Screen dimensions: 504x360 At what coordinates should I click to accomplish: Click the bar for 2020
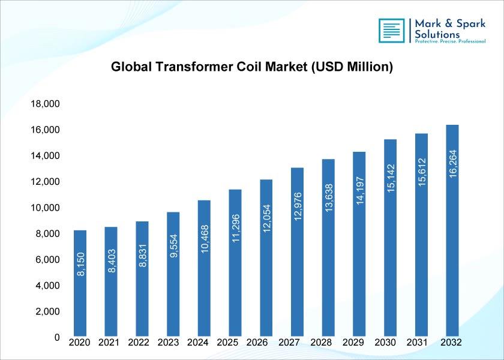(x=80, y=283)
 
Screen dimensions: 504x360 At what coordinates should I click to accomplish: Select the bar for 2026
(x=266, y=258)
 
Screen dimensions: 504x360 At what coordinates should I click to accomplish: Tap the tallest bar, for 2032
(x=452, y=230)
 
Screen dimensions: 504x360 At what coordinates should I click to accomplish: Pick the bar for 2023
(x=173, y=274)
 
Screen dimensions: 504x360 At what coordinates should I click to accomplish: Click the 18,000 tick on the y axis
(x=45, y=104)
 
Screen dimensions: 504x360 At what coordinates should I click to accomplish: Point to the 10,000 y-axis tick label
(x=45, y=208)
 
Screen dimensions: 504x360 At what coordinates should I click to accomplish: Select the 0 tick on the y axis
(x=57, y=337)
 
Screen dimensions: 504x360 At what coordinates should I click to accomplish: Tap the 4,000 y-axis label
(x=47, y=286)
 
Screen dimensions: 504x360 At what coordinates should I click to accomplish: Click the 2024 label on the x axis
(x=197, y=343)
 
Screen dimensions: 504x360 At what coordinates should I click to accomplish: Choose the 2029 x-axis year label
(x=353, y=343)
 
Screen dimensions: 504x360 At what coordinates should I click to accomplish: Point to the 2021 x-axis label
(x=109, y=343)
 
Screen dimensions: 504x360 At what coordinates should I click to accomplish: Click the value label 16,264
(x=452, y=164)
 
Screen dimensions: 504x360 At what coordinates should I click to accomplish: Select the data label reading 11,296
(x=236, y=228)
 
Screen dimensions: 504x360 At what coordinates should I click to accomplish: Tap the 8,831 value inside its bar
(x=143, y=256)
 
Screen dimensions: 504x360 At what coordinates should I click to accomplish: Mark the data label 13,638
(x=329, y=198)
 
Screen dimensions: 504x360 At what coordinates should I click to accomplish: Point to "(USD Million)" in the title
(x=352, y=67)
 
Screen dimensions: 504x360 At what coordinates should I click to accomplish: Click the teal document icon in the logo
(x=391, y=31)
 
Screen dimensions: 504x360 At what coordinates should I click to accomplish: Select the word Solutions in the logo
(x=437, y=34)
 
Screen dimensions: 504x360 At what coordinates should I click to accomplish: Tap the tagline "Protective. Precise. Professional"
(x=450, y=41)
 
